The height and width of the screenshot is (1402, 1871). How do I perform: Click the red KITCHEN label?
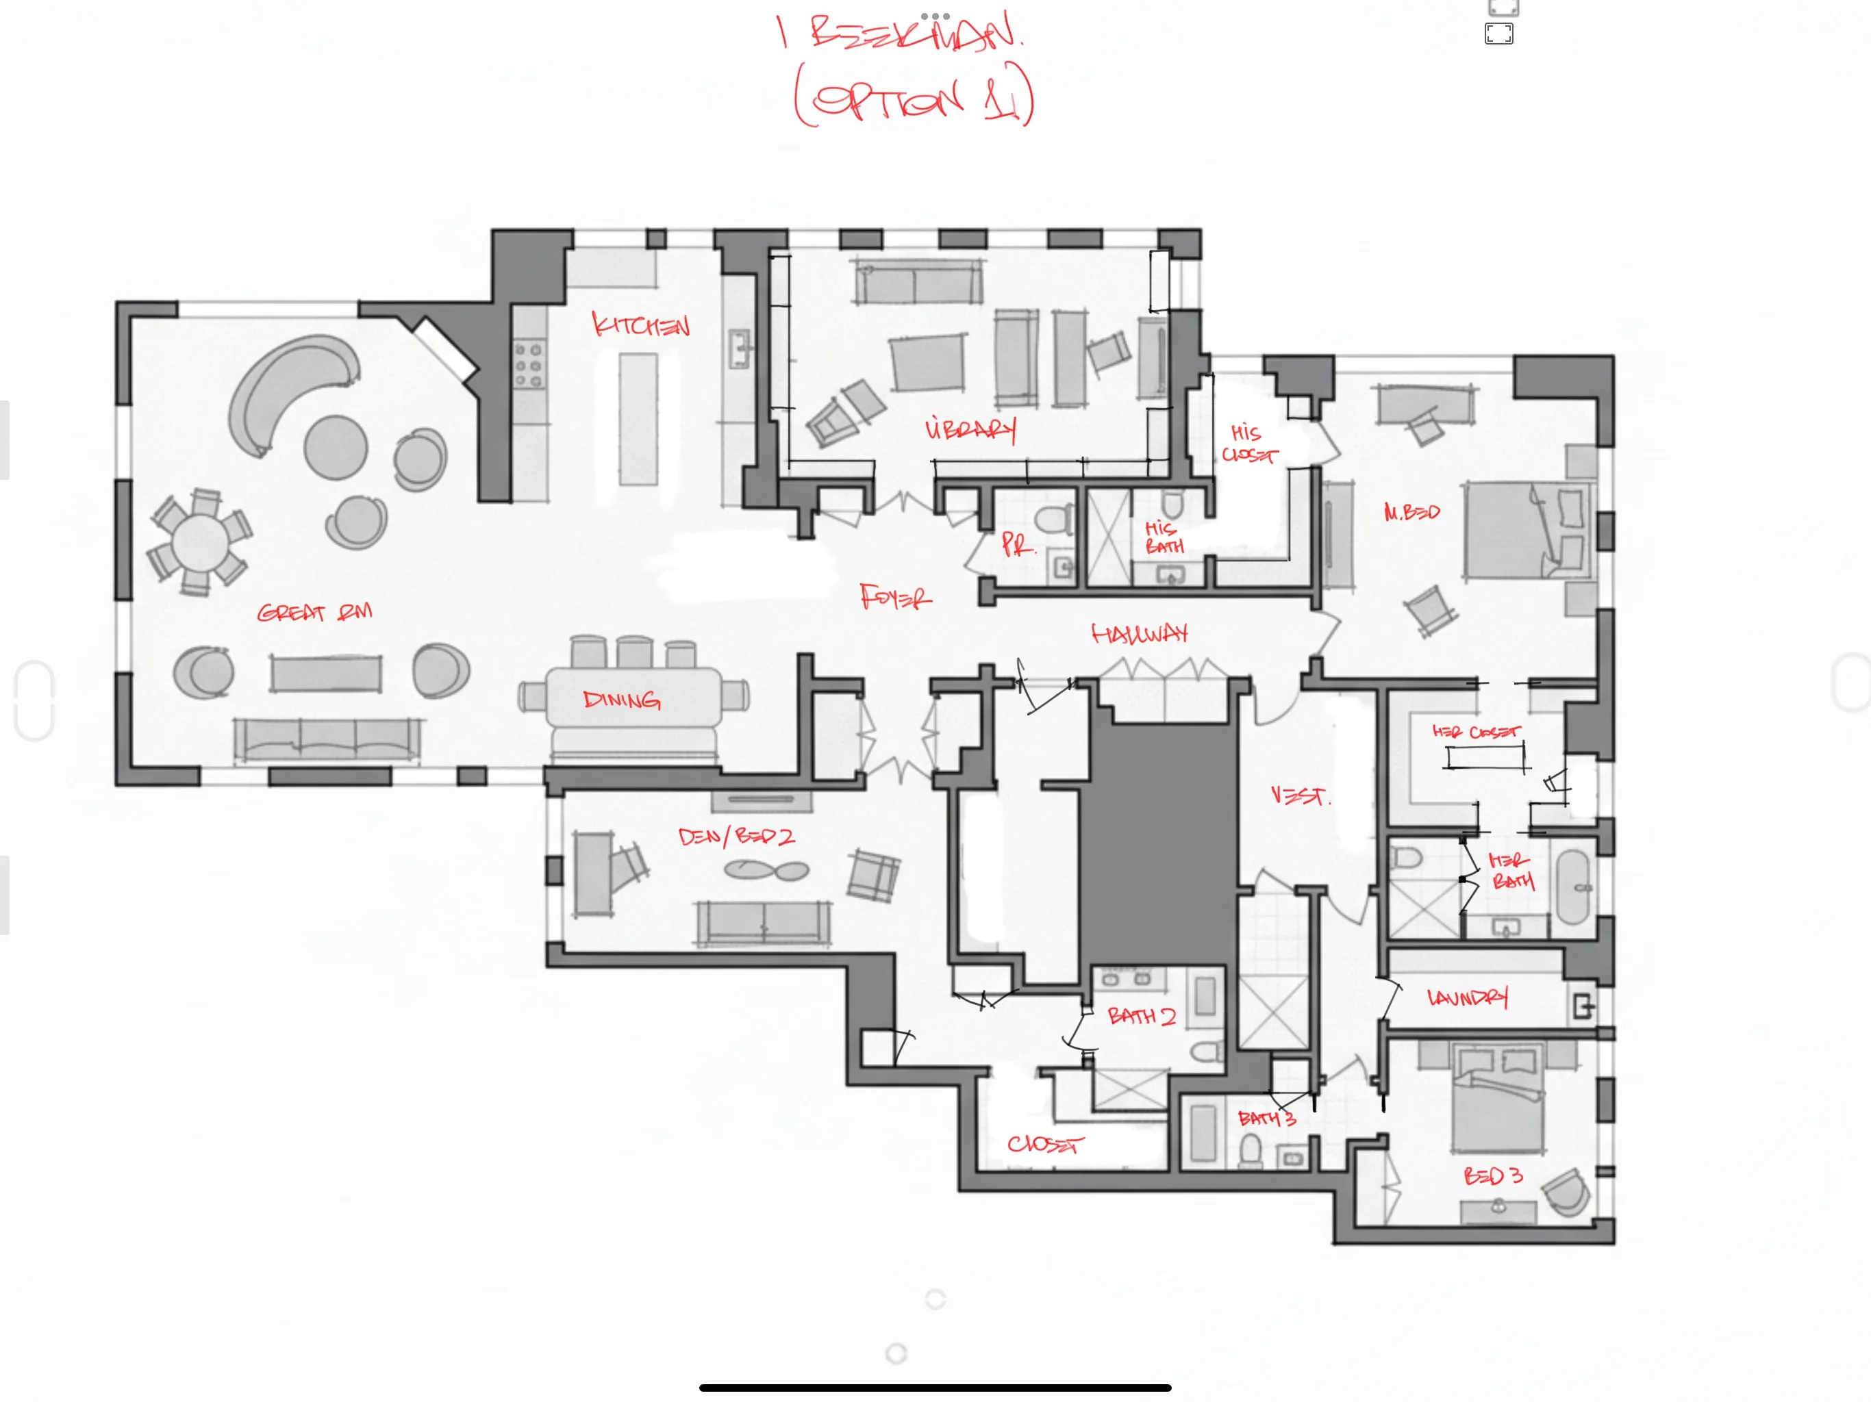click(x=640, y=324)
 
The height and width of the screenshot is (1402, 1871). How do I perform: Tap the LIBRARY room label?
click(x=970, y=429)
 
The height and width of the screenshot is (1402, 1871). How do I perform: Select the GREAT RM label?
click(x=314, y=612)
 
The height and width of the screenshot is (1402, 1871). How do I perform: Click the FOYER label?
click(x=895, y=598)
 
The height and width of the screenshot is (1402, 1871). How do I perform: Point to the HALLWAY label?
click(x=1140, y=634)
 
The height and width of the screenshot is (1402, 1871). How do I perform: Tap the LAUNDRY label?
click(x=1467, y=999)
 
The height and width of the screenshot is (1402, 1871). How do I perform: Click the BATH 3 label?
click(x=1266, y=1119)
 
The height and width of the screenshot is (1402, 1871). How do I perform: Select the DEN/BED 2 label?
click(x=736, y=837)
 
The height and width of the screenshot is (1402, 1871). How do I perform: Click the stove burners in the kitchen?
click(x=529, y=366)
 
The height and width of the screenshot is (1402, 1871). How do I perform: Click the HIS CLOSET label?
click(x=1248, y=444)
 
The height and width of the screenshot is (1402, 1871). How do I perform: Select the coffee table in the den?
click(x=766, y=869)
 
